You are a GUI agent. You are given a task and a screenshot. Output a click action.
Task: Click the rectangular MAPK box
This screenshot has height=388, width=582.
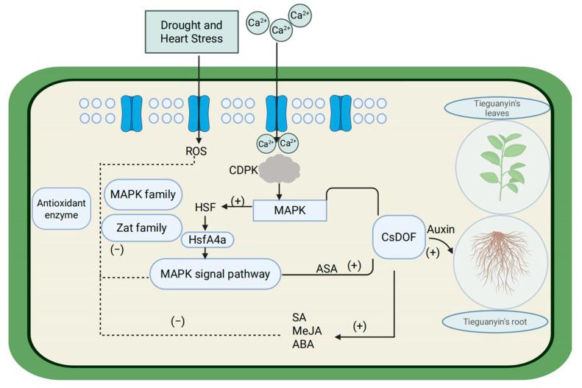290,210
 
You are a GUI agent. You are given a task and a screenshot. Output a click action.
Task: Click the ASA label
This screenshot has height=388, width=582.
326,269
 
